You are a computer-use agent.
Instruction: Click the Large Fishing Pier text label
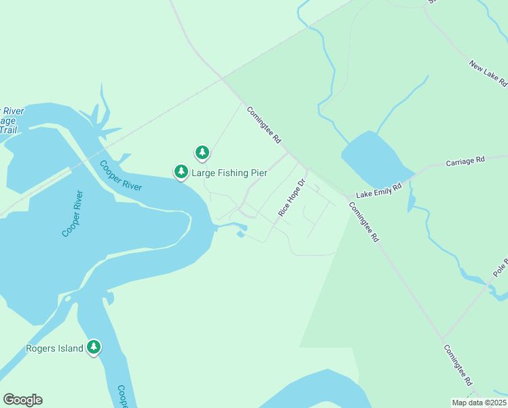(229, 173)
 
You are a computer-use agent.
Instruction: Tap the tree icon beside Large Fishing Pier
(181, 172)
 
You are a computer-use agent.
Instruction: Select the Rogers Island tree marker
(94, 348)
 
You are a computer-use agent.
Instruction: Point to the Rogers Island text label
(54, 349)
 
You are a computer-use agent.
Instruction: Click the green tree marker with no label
(202, 152)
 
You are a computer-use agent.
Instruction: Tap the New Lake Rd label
(488, 73)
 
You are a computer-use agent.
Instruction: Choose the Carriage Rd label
(465, 161)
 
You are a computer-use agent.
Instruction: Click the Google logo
(22, 400)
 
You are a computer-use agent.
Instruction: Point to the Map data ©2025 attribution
(479, 403)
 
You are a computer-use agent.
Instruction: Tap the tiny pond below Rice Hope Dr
(240, 235)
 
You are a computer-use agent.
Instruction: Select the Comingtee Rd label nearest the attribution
(458, 366)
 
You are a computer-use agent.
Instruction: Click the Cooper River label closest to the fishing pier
(120, 175)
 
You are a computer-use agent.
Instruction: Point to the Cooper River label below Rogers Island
(122, 396)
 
